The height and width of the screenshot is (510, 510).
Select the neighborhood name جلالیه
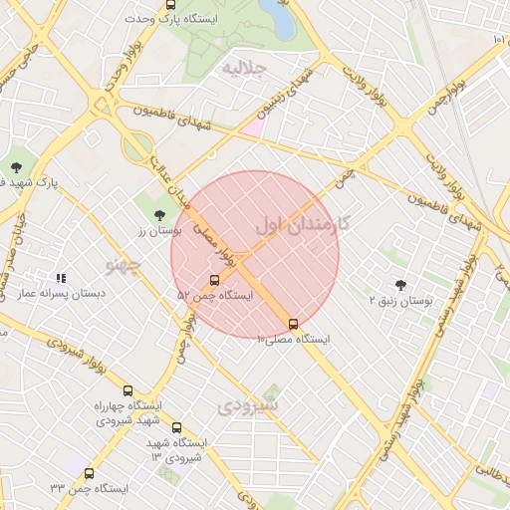click(x=245, y=69)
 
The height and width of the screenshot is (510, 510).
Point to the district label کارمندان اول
click(x=302, y=222)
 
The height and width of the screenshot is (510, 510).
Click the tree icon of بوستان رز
click(x=158, y=214)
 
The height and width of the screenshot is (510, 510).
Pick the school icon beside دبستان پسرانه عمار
click(x=61, y=279)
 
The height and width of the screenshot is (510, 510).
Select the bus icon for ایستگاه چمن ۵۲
click(x=215, y=280)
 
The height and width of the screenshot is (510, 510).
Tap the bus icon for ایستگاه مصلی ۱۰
click(x=293, y=324)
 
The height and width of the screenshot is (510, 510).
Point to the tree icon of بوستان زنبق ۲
click(x=400, y=284)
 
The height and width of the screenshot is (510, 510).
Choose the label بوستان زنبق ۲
click(x=400, y=300)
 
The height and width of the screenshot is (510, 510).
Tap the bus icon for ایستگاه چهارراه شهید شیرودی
click(x=127, y=390)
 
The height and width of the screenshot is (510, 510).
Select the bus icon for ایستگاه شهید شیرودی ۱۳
click(x=177, y=427)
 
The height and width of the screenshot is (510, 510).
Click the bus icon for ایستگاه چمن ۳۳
click(x=90, y=474)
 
